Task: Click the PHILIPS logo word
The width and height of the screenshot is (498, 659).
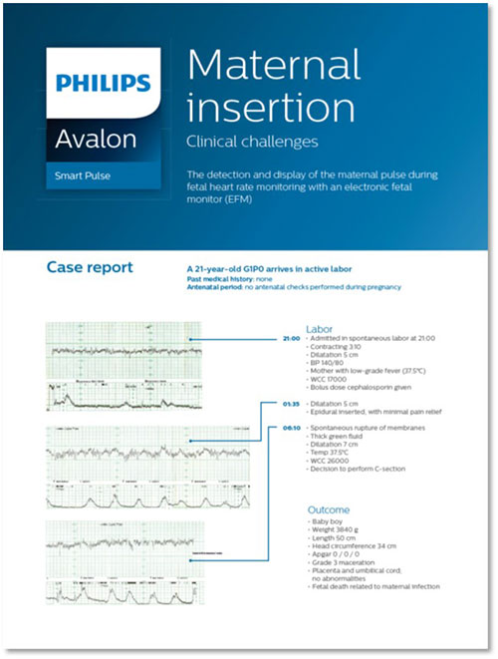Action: (104, 83)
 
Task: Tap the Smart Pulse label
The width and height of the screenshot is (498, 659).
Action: (84, 176)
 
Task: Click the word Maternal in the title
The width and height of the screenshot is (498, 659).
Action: (273, 67)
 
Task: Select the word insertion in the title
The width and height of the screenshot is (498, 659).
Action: (256, 107)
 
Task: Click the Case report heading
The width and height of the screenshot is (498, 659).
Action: (90, 267)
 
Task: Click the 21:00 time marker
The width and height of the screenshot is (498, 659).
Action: (292, 339)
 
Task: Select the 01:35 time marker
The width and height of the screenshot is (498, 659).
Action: (292, 404)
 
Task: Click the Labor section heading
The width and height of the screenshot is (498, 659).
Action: (321, 328)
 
